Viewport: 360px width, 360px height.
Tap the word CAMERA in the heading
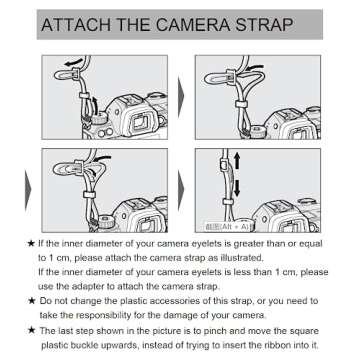pyautogui.click(x=189, y=24)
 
